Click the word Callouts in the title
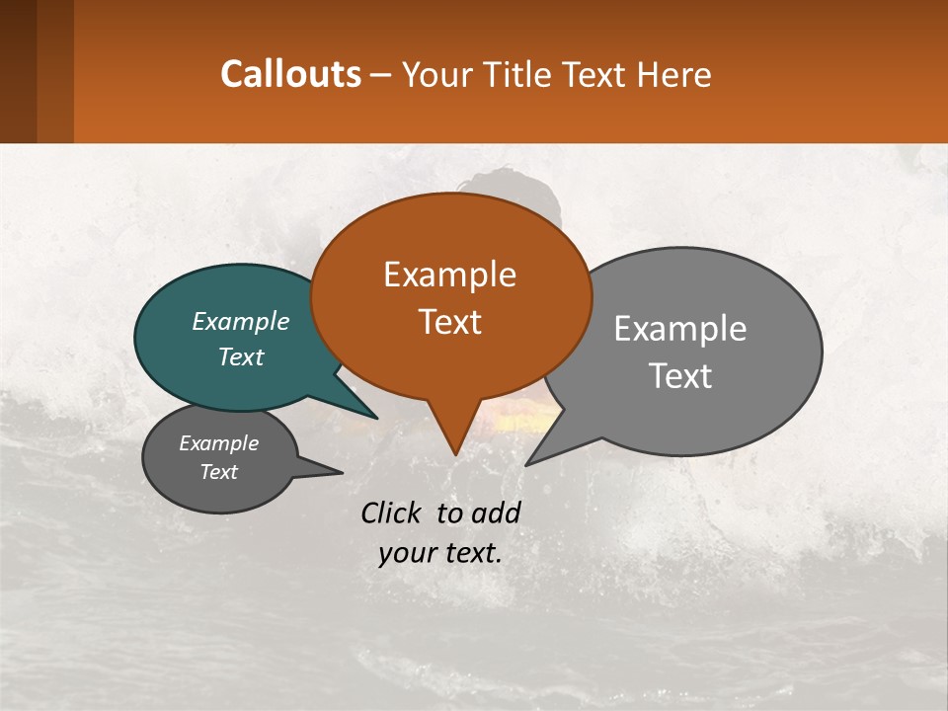(x=290, y=74)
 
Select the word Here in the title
(x=673, y=75)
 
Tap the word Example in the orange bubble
(x=449, y=275)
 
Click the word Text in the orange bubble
(x=449, y=322)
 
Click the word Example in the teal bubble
(x=241, y=322)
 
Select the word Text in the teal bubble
(x=241, y=356)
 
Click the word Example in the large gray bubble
(x=680, y=329)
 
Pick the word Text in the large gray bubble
(x=680, y=376)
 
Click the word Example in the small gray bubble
(x=218, y=443)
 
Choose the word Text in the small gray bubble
(x=218, y=472)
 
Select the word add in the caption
(x=495, y=513)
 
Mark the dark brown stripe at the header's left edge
(x=18, y=71)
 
